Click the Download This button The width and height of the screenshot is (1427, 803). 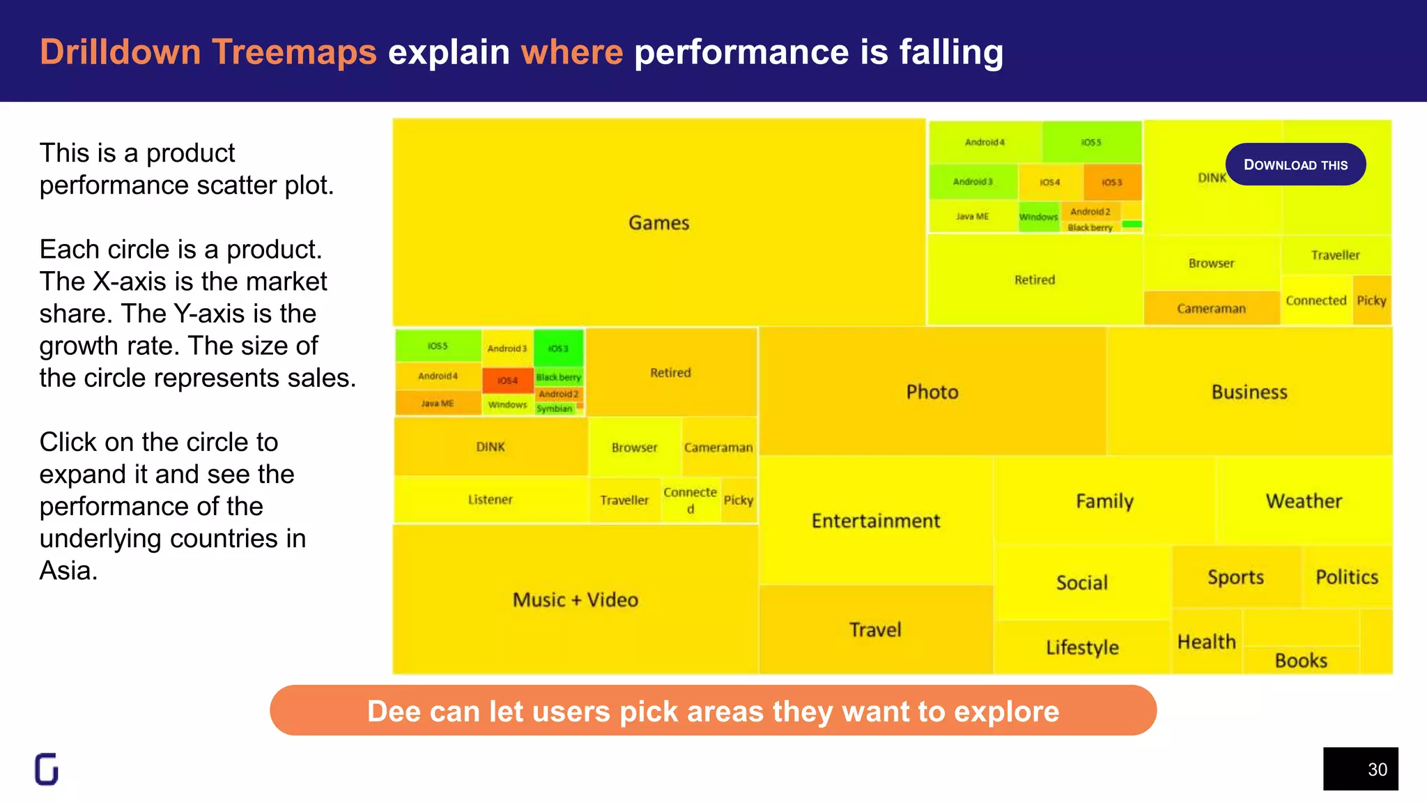[1295, 165]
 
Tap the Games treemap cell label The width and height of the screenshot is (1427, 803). [658, 223]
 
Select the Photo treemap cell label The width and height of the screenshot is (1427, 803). [932, 392]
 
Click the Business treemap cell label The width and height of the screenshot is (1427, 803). [1249, 392]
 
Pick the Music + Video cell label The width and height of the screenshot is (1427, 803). [576, 599]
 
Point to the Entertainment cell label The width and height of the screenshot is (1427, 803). [876, 521]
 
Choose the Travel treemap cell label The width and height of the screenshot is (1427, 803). [875, 629]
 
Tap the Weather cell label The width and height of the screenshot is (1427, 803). [1304, 500]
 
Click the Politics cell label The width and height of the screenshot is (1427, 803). [1347, 576]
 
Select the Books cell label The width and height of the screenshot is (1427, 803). [1301, 660]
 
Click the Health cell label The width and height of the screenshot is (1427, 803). [1207, 641]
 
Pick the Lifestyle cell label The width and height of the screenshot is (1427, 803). [1082, 647]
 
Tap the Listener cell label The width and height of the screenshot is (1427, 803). [490, 499]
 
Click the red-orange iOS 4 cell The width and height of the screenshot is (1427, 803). [508, 381]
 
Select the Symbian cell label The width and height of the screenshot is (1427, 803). [555, 409]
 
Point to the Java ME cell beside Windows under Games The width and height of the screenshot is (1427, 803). [972, 217]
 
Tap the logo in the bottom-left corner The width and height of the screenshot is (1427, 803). [47, 769]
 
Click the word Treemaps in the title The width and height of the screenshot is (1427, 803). [294, 52]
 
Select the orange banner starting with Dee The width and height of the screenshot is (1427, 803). [713, 710]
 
